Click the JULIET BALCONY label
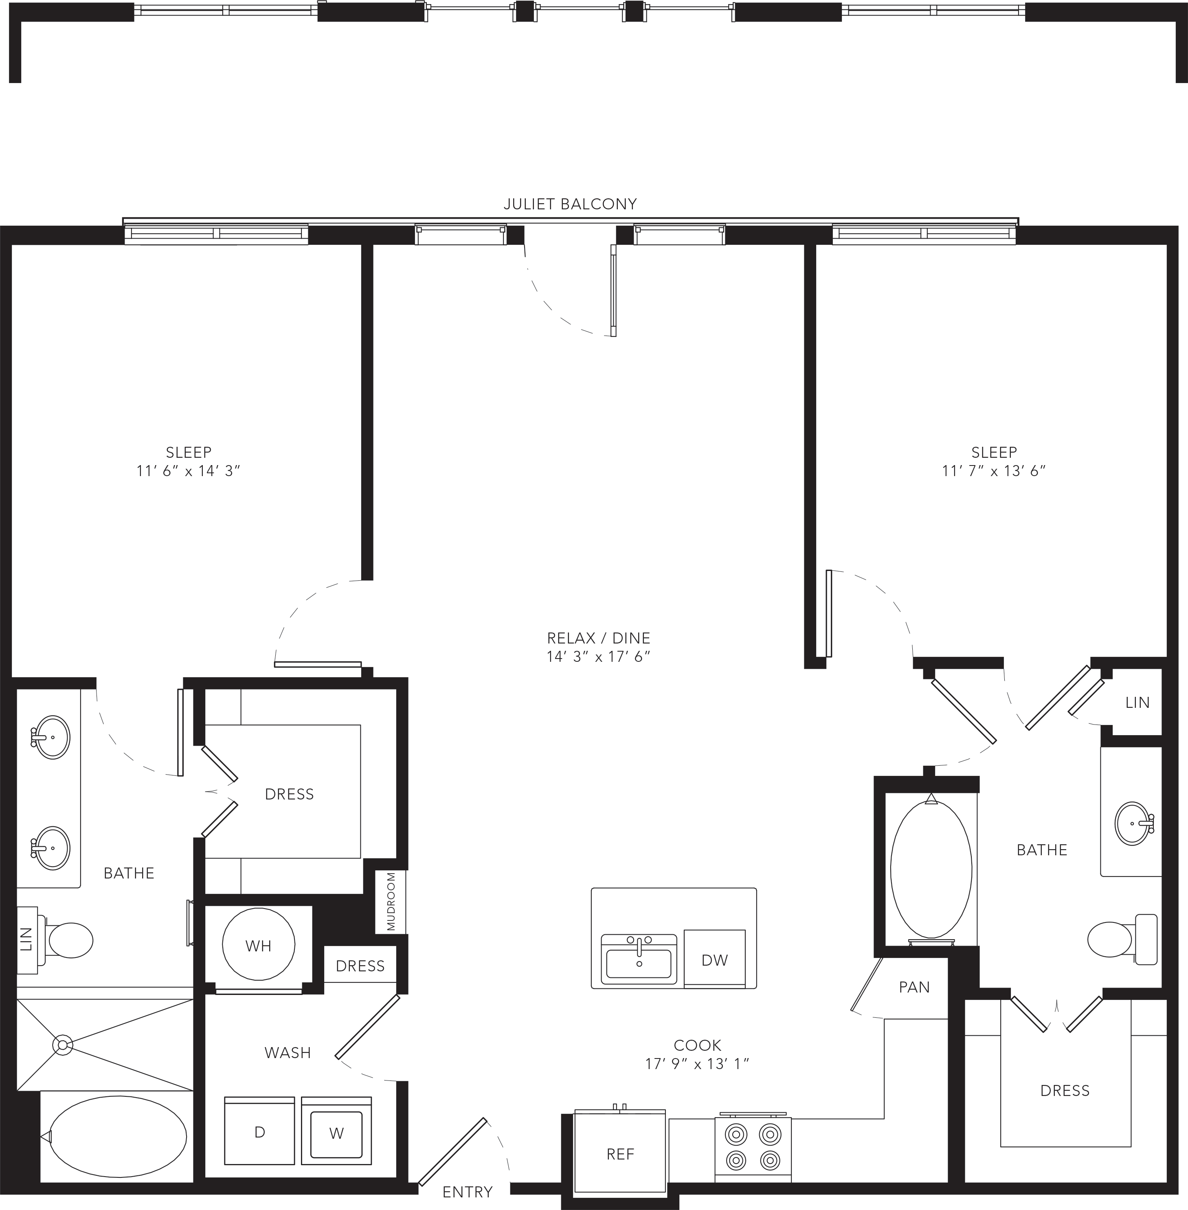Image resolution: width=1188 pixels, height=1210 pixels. click(x=570, y=204)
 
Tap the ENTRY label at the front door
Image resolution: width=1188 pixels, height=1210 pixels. click(x=467, y=1192)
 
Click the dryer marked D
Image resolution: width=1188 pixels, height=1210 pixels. click(x=259, y=1130)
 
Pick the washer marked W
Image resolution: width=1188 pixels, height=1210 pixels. click(x=336, y=1130)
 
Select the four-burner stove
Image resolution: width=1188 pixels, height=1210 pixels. click(x=753, y=1148)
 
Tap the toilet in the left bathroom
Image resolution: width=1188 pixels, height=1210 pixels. click(x=65, y=940)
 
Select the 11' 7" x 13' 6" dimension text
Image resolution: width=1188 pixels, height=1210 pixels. click(x=993, y=470)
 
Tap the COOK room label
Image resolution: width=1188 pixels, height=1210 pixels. click(x=698, y=1045)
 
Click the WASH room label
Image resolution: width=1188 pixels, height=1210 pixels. click(x=288, y=1053)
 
